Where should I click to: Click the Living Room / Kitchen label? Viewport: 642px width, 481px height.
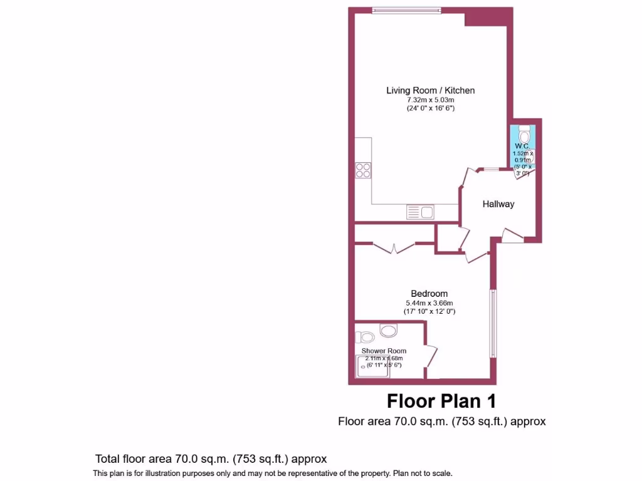(430, 90)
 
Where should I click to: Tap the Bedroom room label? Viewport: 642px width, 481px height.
(429, 294)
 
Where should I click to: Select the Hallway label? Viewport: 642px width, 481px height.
(498, 204)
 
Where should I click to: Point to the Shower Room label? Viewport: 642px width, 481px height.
(384, 351)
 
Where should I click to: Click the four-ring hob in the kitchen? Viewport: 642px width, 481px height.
(363, 170)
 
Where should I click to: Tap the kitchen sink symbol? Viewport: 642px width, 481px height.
(420, 212)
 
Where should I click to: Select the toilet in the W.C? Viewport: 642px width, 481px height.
(525, 134)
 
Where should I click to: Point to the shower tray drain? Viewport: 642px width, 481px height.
(363, 366)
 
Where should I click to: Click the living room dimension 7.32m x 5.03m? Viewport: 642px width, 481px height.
(430, 100)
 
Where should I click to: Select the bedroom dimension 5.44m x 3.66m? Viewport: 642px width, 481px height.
(429, 303)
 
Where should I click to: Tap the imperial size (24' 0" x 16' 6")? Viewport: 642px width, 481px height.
(430, 108)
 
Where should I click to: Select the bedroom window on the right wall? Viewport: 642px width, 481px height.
(493, 324)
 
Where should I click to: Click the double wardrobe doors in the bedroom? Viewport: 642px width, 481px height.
(394, 248)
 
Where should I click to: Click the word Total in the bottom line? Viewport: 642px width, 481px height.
(107, 459)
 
